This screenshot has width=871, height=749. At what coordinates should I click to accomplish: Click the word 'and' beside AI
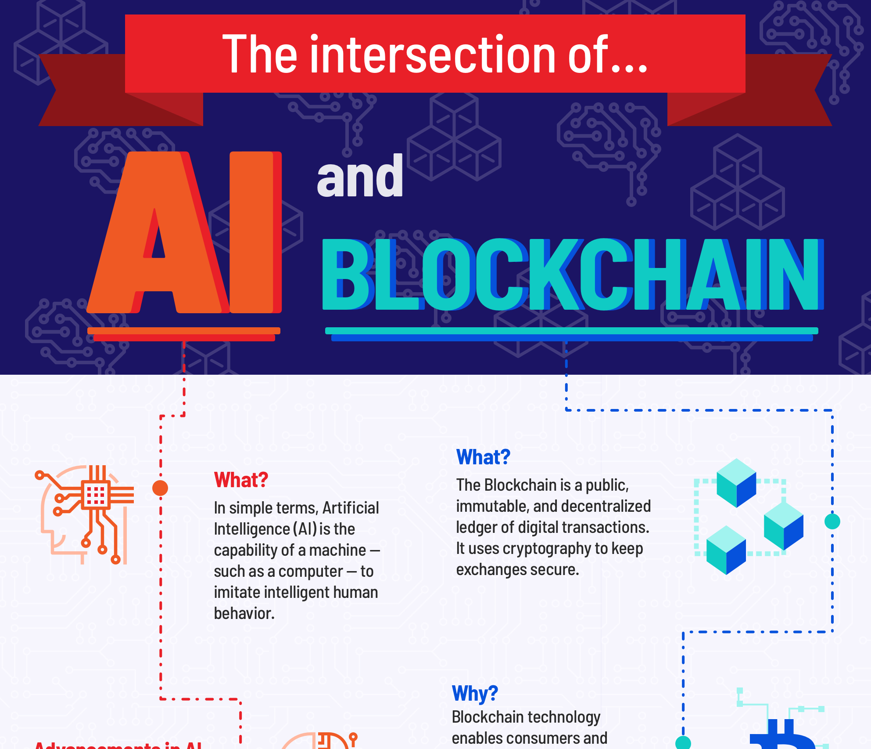click(360, 177)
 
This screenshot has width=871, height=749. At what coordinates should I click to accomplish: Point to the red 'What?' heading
click(241, 480)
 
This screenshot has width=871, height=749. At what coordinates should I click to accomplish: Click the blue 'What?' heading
click(483, 457)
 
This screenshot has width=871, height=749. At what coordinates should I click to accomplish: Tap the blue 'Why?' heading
click(475, 694)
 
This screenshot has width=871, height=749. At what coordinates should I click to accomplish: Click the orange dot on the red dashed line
click(160, 488)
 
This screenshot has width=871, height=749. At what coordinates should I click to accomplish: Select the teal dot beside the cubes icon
click(832, 521)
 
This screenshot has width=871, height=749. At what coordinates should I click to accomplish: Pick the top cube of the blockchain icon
click(736, 482)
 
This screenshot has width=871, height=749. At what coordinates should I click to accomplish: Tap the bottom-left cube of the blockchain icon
click(726, 550)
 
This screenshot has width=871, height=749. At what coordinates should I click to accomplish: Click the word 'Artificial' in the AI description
click(351, 508)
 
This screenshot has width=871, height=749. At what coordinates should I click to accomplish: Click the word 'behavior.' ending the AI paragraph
click(244, 613)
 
